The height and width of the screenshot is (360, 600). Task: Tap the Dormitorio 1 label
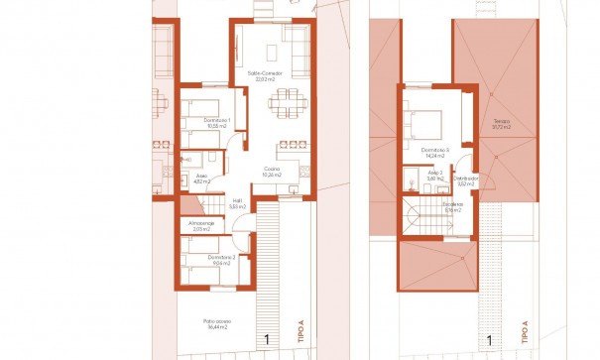pos(216,121)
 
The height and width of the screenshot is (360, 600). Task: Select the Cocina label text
pos(271,169)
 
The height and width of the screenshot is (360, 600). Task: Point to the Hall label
pos(238,200)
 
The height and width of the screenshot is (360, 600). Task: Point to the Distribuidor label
pos(468,179)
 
